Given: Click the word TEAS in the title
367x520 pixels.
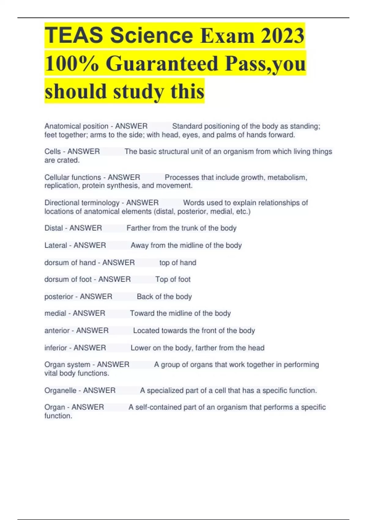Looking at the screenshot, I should click(x=74, y=35).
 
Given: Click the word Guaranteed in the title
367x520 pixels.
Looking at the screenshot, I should click(x=162, y=63).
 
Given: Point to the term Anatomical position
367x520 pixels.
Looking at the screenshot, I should click(x=76, y=126).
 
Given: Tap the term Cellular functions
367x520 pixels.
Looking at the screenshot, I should click(x=72, y=177).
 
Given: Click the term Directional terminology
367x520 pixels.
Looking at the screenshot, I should click(x=82, y=202).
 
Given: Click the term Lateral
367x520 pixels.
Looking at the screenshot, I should click(x=56, y=245).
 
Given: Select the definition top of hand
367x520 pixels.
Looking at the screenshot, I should click(x=178, y=262).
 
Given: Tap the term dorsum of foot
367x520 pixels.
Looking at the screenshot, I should click(x=68, y=279).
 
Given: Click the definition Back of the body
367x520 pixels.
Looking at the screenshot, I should click(x=164, y=296).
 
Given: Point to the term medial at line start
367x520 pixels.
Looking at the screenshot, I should click(x=55, y=313).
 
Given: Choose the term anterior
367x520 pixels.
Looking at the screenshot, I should click(x=57, y=330).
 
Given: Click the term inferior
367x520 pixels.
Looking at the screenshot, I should click(x=56, y=348).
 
